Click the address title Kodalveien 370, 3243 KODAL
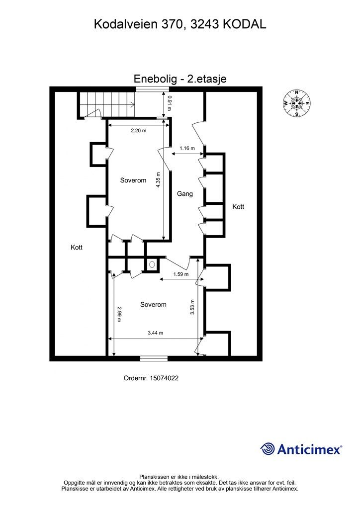tap(180, 24)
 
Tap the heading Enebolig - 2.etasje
tap(180, 79)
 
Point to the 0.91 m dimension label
tap(169, 103)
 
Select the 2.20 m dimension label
tap(139, 131)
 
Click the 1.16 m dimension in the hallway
tap(187, 148)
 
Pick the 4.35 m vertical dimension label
tap(158, 180)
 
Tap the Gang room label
tap(184, 194)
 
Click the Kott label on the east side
tap(238, 206)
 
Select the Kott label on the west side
tap(77, 248)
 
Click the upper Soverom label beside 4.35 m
tap(133, 180)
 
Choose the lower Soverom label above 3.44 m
tap(153, 305)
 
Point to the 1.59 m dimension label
tap(181, 274)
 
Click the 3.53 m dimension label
tap(192, 307)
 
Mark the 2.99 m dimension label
tap(119, 314)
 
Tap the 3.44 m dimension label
tap(156, 333)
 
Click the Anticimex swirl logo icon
tap(268, 449)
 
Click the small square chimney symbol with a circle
tap(152, 264)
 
